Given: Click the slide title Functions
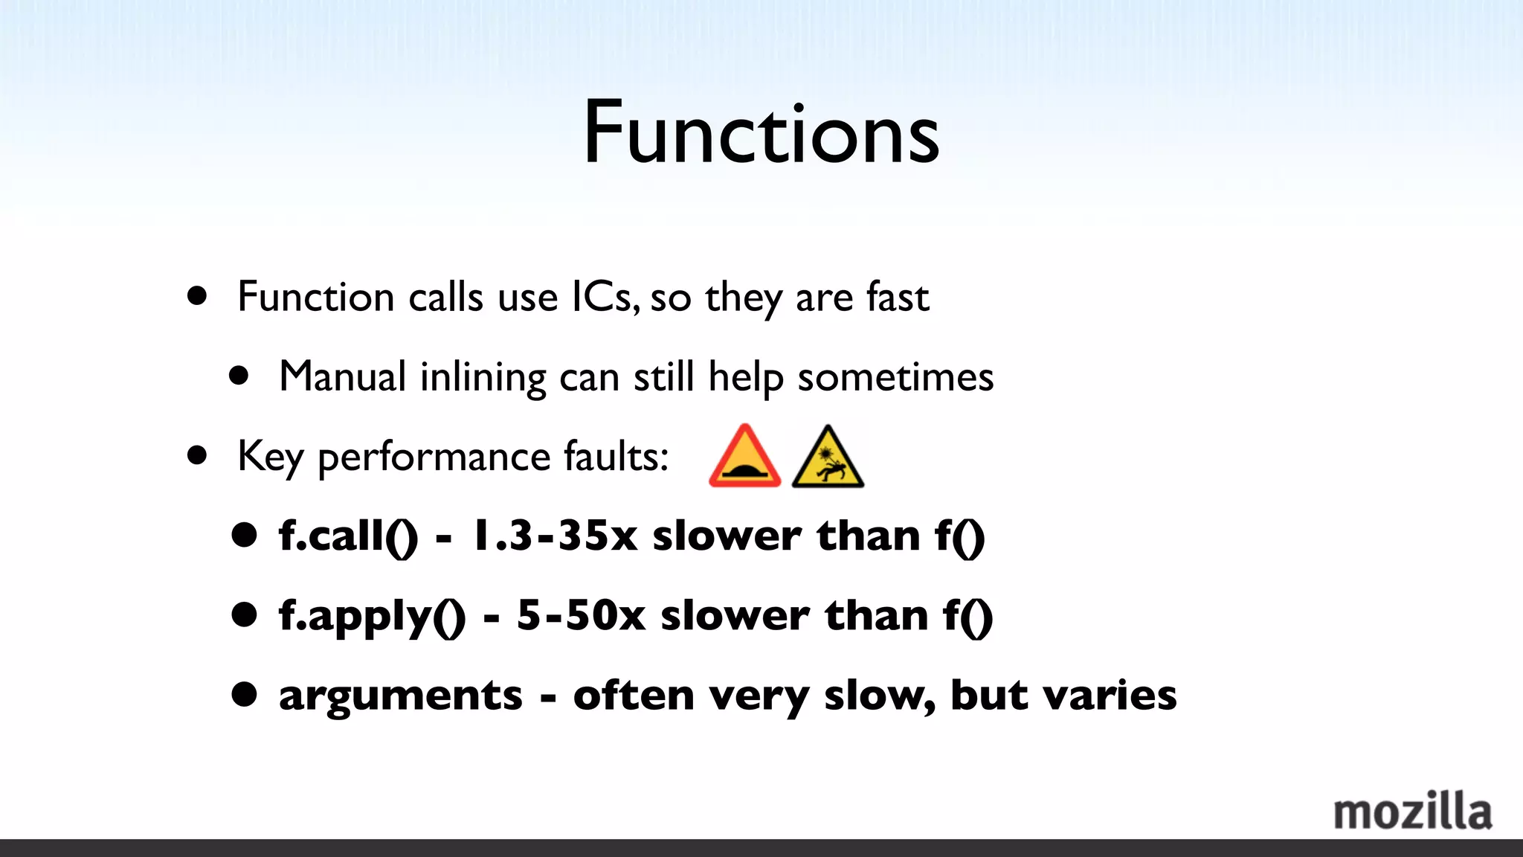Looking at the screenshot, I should (x=761, y=134).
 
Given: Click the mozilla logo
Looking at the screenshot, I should (x=1412, y=812).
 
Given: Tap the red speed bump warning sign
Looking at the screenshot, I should (x=744, y=457).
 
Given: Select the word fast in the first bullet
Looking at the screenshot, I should (x=897, y=297).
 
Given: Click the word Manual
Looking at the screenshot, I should (x=342, y=376).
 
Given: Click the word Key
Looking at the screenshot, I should (x=270, y=457).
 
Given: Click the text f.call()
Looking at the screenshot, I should (x=348, y=536).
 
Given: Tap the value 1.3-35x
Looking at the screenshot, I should (x=555, y=536).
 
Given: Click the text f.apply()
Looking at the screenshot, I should (x=372, y=617).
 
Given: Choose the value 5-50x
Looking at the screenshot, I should (x=581, y=615).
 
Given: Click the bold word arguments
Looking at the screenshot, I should (x=401, y=696).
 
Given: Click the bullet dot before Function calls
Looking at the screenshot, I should (x=197, y=296).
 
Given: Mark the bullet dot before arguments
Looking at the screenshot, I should (x=244, y=694).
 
